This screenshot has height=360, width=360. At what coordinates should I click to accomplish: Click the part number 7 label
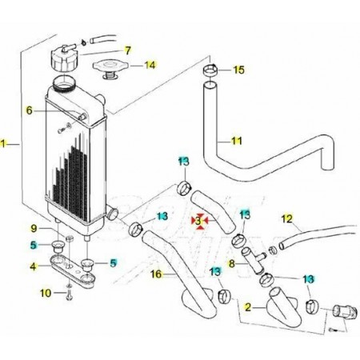point(128,50)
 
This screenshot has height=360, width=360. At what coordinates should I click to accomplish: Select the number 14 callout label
point(150,65)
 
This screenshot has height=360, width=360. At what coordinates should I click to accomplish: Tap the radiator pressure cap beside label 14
point(110,69)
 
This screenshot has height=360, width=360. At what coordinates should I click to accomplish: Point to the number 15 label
point(238,70)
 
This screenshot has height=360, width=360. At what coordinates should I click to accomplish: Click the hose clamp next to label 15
point(210,70)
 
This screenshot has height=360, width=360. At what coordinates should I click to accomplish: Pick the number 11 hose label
point(236,141)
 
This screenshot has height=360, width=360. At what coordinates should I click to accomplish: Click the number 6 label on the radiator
point(29,110)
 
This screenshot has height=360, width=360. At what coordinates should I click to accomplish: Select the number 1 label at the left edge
point(2,144)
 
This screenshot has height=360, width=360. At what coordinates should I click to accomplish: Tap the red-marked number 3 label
point(198,221)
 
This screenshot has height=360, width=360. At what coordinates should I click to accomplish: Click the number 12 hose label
point(287,219)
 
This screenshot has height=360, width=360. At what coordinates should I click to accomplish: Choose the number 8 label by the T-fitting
point(231,263)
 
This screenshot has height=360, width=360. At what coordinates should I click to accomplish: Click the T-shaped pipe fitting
point(254,259)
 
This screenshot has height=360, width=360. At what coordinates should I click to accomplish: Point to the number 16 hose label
point(156,274)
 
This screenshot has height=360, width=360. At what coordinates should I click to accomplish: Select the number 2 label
point(248,307)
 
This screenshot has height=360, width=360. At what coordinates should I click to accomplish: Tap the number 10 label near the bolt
point(46,293)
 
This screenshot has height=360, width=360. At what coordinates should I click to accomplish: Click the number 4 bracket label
point(33,266)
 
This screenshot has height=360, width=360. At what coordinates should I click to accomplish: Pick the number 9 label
point(34,228)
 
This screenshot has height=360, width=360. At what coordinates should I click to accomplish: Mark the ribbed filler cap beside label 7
point(65,58)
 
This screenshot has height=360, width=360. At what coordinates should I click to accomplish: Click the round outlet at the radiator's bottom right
point(113,214)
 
